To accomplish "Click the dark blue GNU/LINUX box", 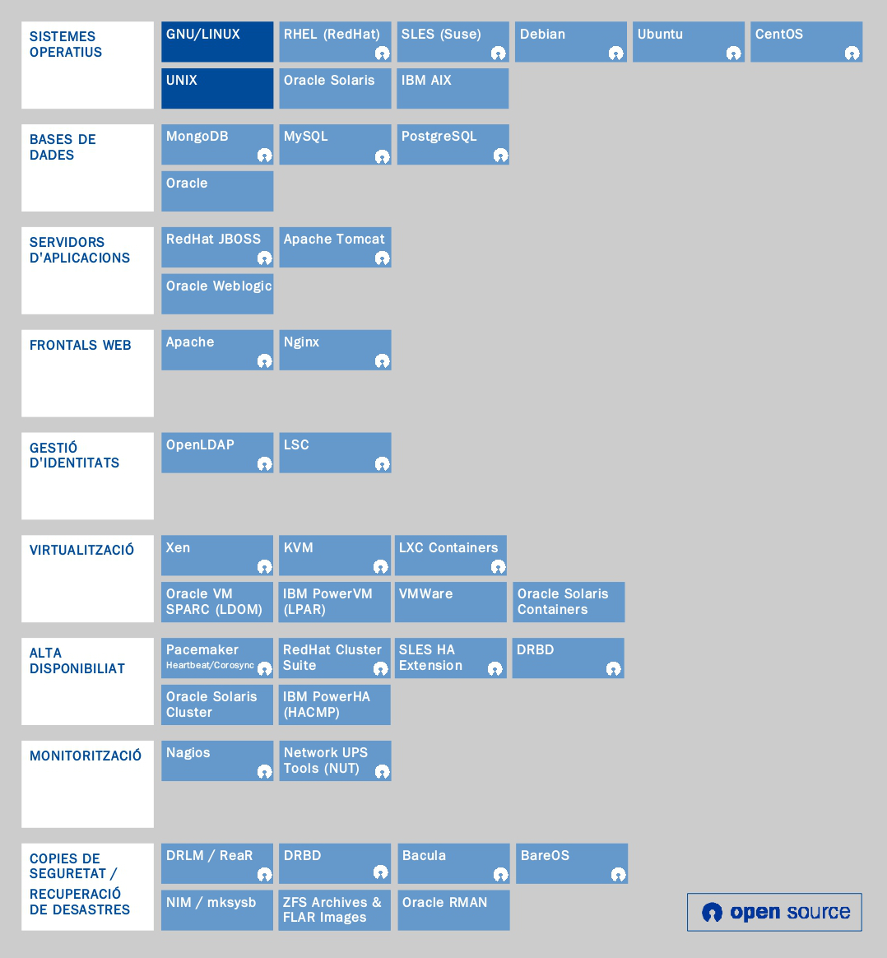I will pyautogui.click(x=217, y=42).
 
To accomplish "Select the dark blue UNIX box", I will pyautogui.click(x=217, y=88).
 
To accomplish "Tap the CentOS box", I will pyautogui.click(x=806, y=42).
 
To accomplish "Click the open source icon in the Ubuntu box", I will pyautogui.click(x=733, y=53).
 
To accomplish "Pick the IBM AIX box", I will pyautogui.click(x=453, y=88).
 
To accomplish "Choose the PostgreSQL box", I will pyautogui.click(x=453, y=144).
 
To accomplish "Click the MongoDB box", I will pyautogui.click(x=217, y=144).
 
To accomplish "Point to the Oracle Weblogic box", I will pyautogui.click(x=217, y=294).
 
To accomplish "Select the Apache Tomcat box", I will pyautogui.click(x=335, y=247).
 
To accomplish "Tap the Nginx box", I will pyautogui.click(x=335, y=350).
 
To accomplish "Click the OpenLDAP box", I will pyautogui.click(x=217, y=453).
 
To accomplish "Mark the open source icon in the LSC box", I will pyautogui.click(x=382, y=464).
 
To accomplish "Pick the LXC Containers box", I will pyautogui.click(x=451, y=556).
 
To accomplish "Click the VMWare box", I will pyautogui.click(x=451, y=602).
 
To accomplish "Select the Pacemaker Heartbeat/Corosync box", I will pyautogui.click(x=217, y=658).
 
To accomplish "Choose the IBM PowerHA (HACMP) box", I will pyautogui.click(x=335, y=705).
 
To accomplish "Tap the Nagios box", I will pyautogui.click(x=217, y=760).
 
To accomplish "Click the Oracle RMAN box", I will pyautogui.click(x=453, y=910).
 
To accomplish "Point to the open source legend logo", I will pyautogui.click(x=774, y=912).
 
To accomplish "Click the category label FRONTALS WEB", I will pyautogui.click(x=81, y=346).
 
